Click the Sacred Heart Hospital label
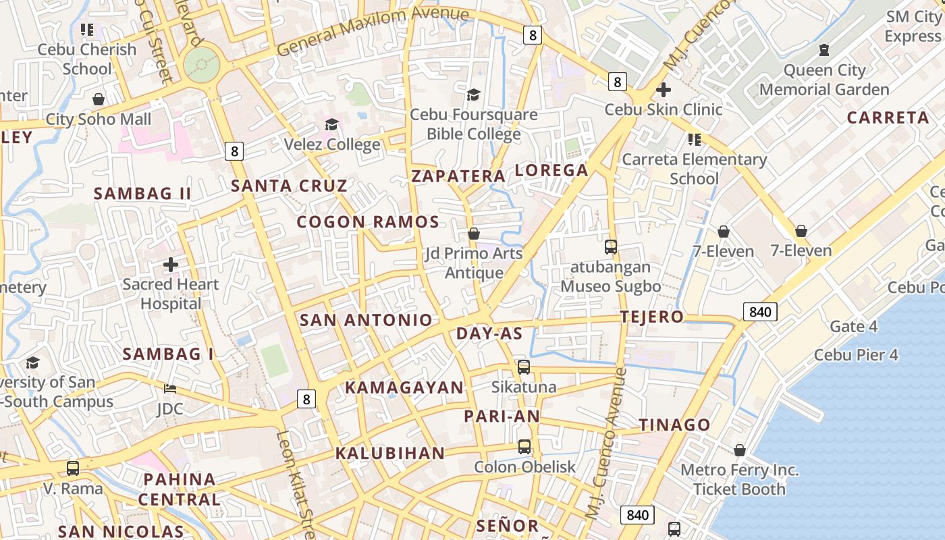[x=171, y=294]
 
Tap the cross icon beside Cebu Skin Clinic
[x=664, y=89]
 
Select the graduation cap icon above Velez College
[x=331, y=125]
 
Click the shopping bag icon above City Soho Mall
[x=99, y=100]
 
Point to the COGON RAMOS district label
[x=368, y=222]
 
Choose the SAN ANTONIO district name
[x=366, y=320]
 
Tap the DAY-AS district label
[x=489, y=333]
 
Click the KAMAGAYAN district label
[x=404, y=387]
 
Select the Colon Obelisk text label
[x=525, y=466]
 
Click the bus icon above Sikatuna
[x=524, y=367]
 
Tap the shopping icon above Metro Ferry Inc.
[x=740, y=450]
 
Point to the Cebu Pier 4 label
[x=856, y=355]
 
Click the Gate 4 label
[x=853, y=327]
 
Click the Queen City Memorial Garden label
[x=824, y=80]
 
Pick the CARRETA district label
[x=888, y=117]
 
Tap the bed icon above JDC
[x=170, y=389]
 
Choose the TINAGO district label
[x=674, y=425]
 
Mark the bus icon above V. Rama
[x=72, y=468]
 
